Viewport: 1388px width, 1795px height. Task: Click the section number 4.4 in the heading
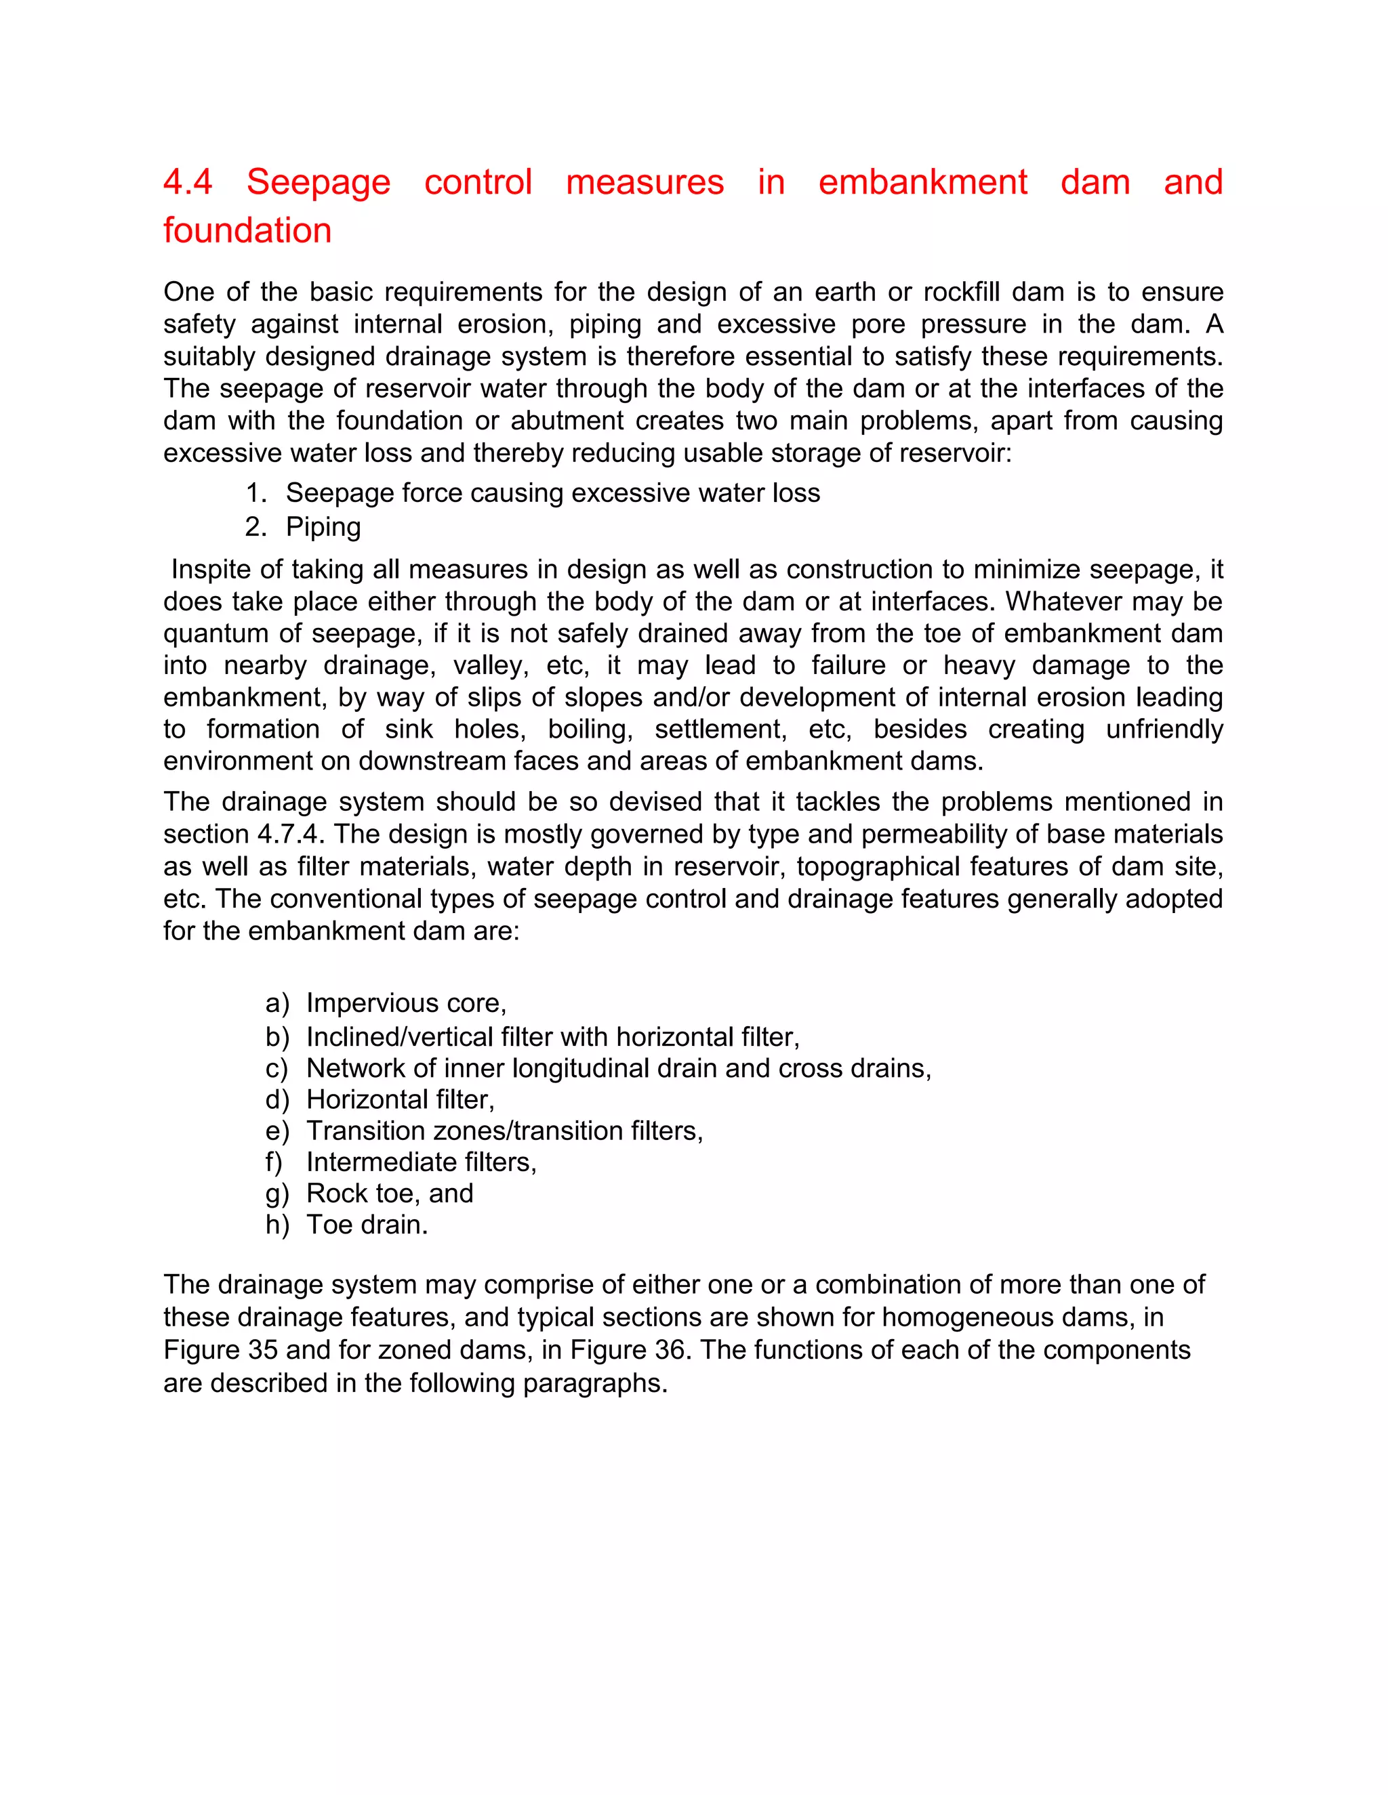pos(188,182)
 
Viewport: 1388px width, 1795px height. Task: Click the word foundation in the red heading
pos(247,231)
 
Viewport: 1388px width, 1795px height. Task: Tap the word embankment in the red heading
pos(922,182)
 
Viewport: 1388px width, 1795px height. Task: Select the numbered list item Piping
pos(323,527)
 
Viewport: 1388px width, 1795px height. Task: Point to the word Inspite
pos(216,570)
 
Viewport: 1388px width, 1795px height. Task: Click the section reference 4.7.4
pos(290,835)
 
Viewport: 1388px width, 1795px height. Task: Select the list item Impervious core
pos(406,1004)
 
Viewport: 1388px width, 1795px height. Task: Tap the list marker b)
pos(277,1037)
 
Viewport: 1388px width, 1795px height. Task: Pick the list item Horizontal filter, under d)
pos(401,1099)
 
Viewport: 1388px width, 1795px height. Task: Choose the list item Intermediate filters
pos(421,1162)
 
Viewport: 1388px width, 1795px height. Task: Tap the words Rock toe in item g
pos(359,1194)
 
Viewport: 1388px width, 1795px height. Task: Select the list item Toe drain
pos(367,1225)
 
